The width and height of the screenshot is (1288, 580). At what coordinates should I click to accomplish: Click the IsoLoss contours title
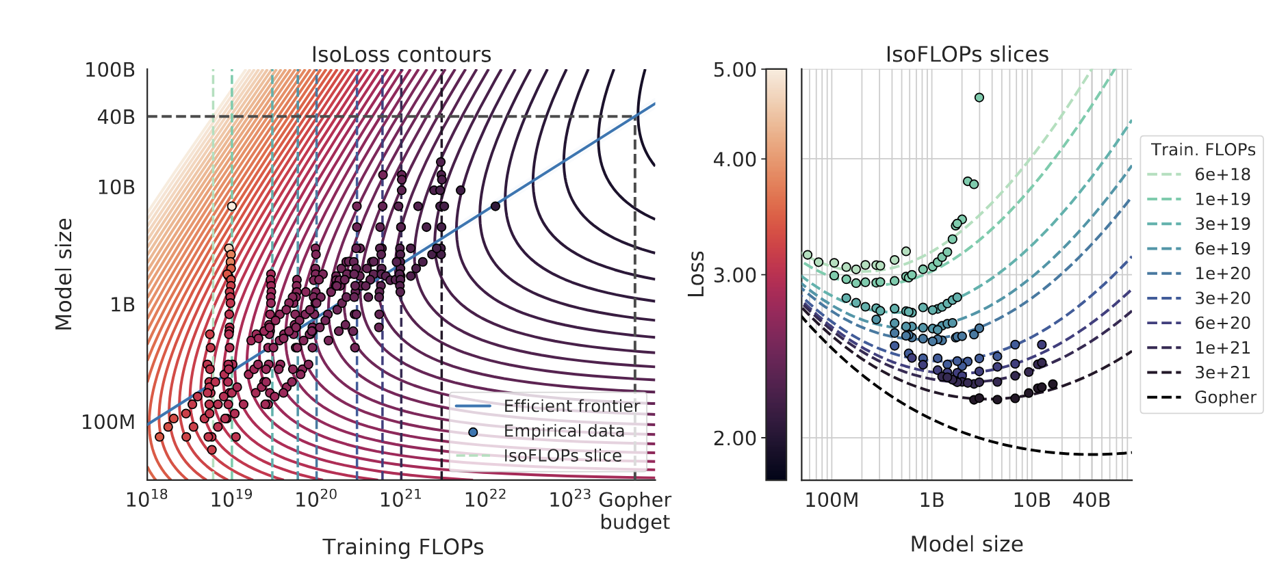pos(401,55)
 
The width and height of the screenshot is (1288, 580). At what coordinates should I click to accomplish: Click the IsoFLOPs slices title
pos(966,55)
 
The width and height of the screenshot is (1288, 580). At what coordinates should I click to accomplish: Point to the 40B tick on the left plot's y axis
pos(116,117)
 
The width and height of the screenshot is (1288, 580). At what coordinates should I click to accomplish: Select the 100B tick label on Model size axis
pos(110,70)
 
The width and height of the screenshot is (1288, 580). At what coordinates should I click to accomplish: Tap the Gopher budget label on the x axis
pos(634,510)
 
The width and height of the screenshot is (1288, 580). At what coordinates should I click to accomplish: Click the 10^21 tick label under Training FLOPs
pos(400,499)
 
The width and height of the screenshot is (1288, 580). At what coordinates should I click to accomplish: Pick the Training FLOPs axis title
pos(403,547)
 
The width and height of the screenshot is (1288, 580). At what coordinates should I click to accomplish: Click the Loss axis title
pos(696,274)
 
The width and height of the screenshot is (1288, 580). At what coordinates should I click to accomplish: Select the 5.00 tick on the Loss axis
pos(734,70)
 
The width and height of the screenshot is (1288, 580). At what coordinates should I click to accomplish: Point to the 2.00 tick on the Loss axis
pos(734,438)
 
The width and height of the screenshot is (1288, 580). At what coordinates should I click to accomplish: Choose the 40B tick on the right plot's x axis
pos(1091,500)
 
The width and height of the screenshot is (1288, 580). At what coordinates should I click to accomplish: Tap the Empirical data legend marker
pos(473,432)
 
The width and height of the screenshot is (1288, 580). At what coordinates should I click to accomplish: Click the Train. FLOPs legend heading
pos(1202,150)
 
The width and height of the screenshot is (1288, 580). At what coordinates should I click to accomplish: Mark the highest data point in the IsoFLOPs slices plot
pos(979,98)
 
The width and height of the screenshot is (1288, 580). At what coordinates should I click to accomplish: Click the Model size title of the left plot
pos(64,274)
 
